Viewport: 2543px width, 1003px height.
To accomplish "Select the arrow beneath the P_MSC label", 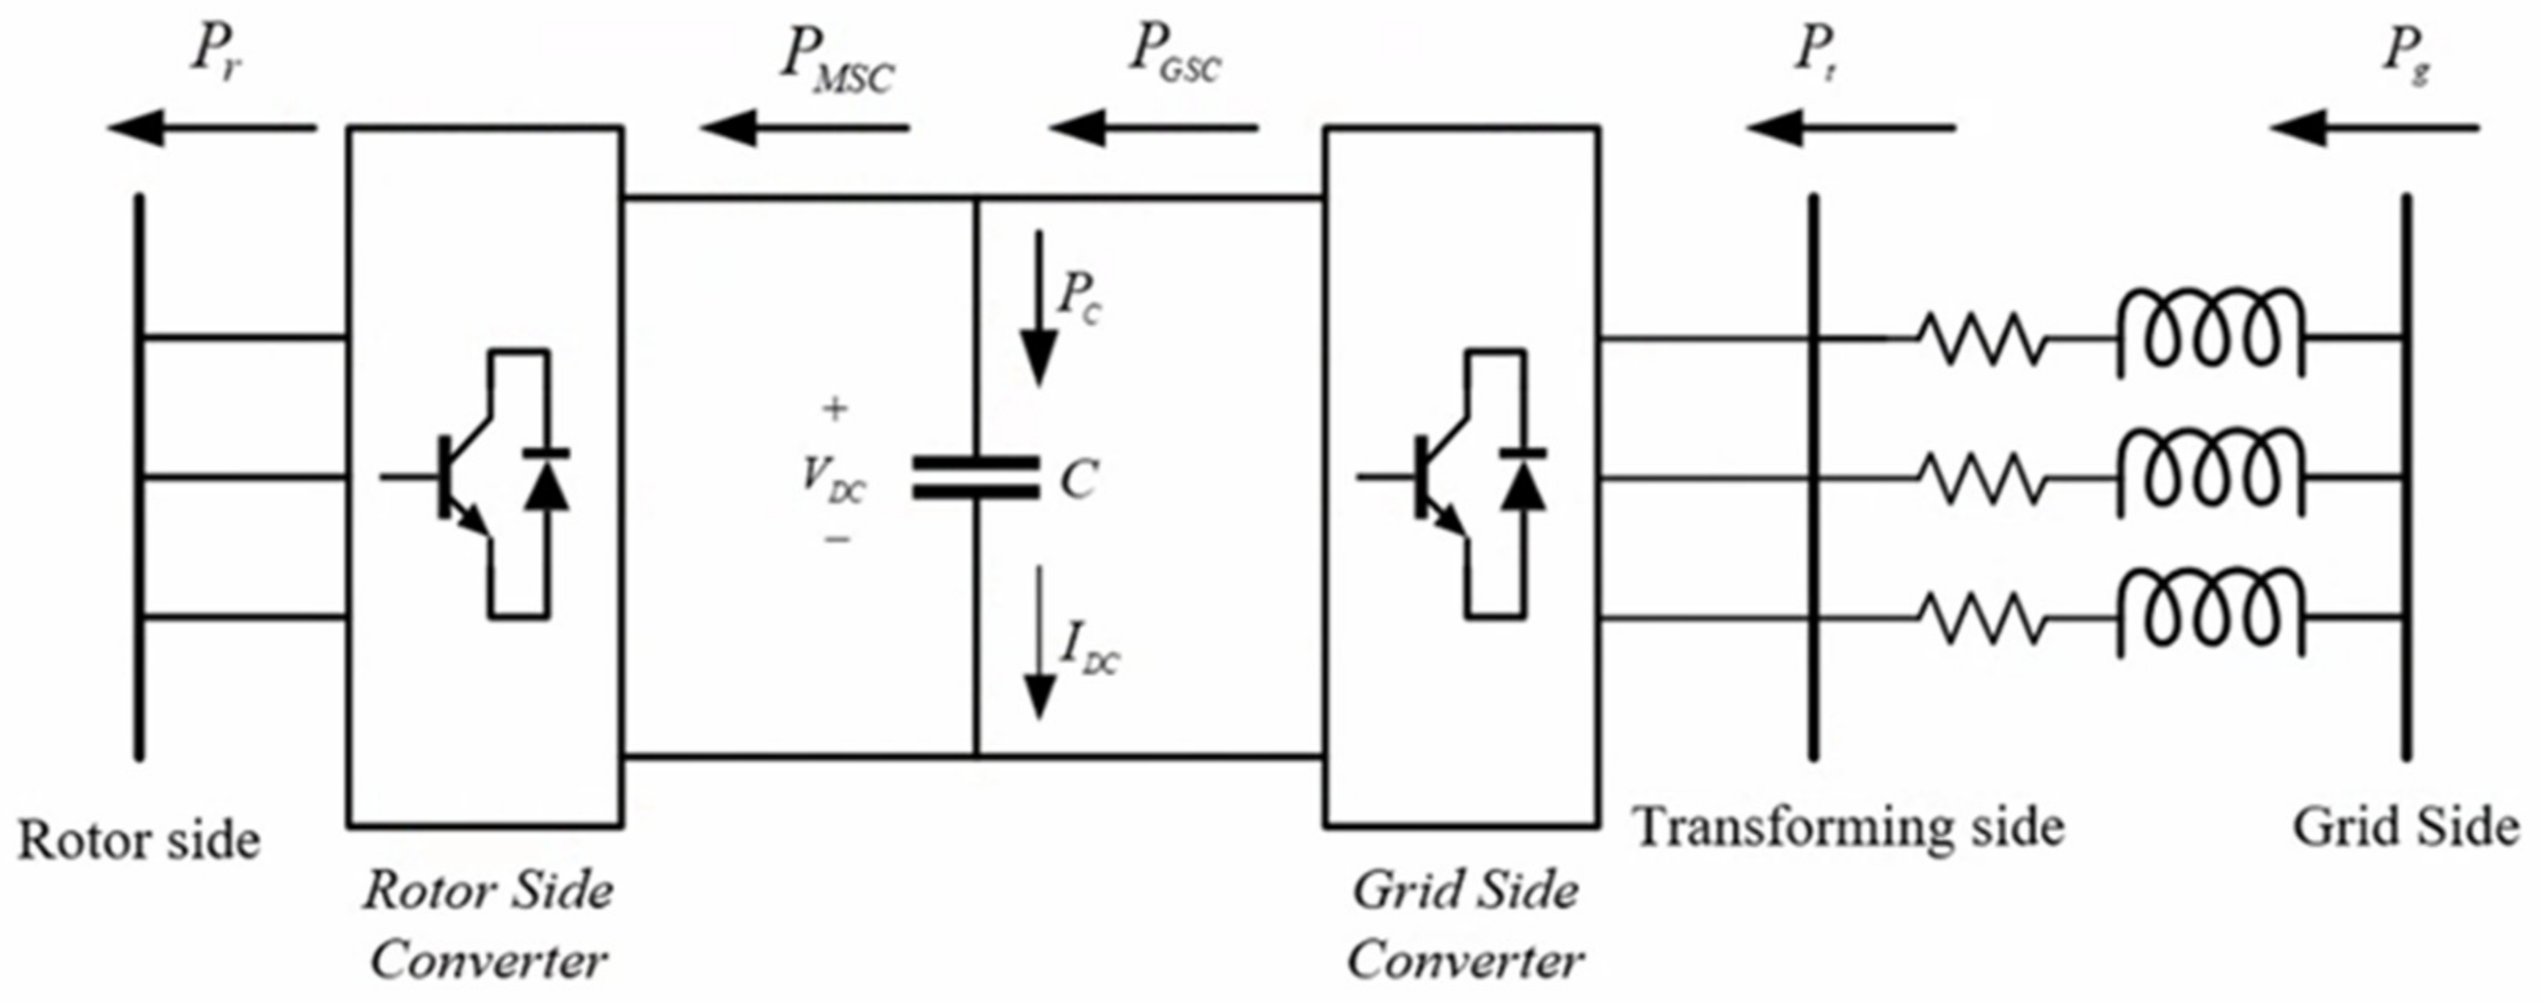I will click(804, 127).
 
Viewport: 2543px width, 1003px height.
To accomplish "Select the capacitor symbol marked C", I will click(976, 478).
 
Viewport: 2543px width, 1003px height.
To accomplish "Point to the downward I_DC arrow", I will click(1038, 642).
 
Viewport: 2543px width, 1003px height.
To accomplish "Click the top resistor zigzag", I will click(1983, 338).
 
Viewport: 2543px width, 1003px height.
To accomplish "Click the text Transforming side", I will click(1847, 827).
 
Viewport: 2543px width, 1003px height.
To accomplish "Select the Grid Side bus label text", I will click(2405, 827).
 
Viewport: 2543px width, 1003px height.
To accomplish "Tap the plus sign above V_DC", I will click(835, 409).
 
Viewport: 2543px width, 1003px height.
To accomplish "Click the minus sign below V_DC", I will click(837, 539).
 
